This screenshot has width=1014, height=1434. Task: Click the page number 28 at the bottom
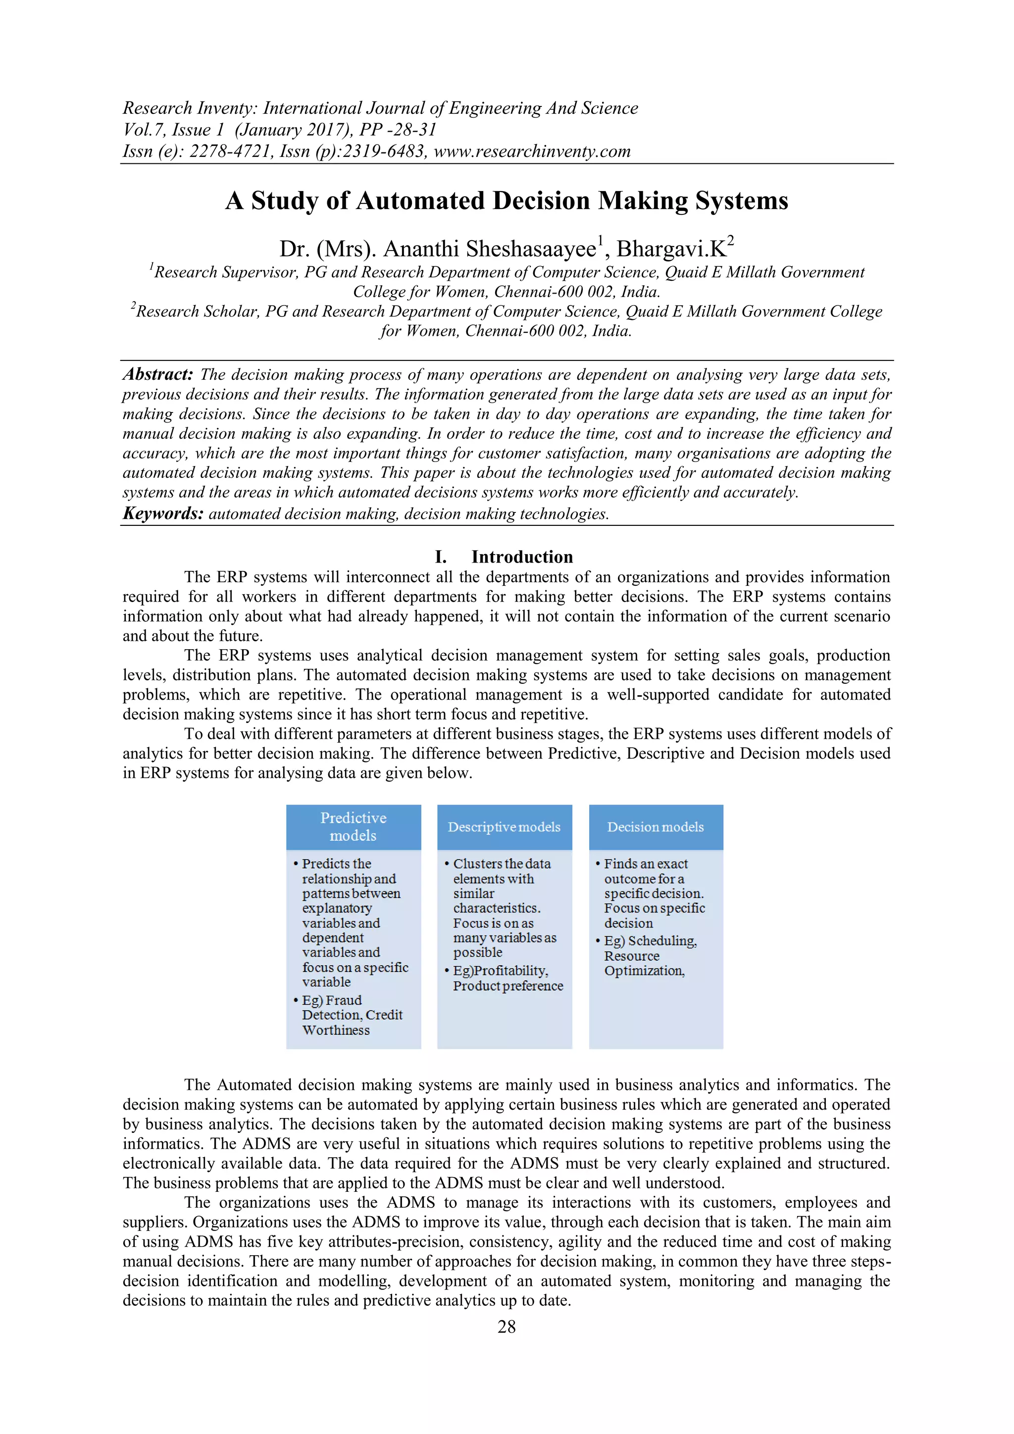[x=507, y=1327]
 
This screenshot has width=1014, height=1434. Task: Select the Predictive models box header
[x=354, y=826]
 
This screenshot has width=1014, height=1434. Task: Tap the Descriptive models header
[x=504, y=826]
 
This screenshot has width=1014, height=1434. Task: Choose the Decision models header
[x=656, y=826]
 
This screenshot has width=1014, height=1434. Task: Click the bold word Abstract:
[x=158, y=374]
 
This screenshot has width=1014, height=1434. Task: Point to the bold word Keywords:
[x=163, y=513]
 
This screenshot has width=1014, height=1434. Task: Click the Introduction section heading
[x=522, y=557]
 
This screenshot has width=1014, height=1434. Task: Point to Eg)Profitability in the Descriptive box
[x=500, y=971]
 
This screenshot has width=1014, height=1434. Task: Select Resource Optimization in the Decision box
[x=643, y=963]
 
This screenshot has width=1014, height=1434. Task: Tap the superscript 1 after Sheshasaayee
[x=601, y=240]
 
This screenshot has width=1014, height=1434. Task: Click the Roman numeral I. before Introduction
[x=441, y=557]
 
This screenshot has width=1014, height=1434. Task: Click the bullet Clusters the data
[x=502, y=864]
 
